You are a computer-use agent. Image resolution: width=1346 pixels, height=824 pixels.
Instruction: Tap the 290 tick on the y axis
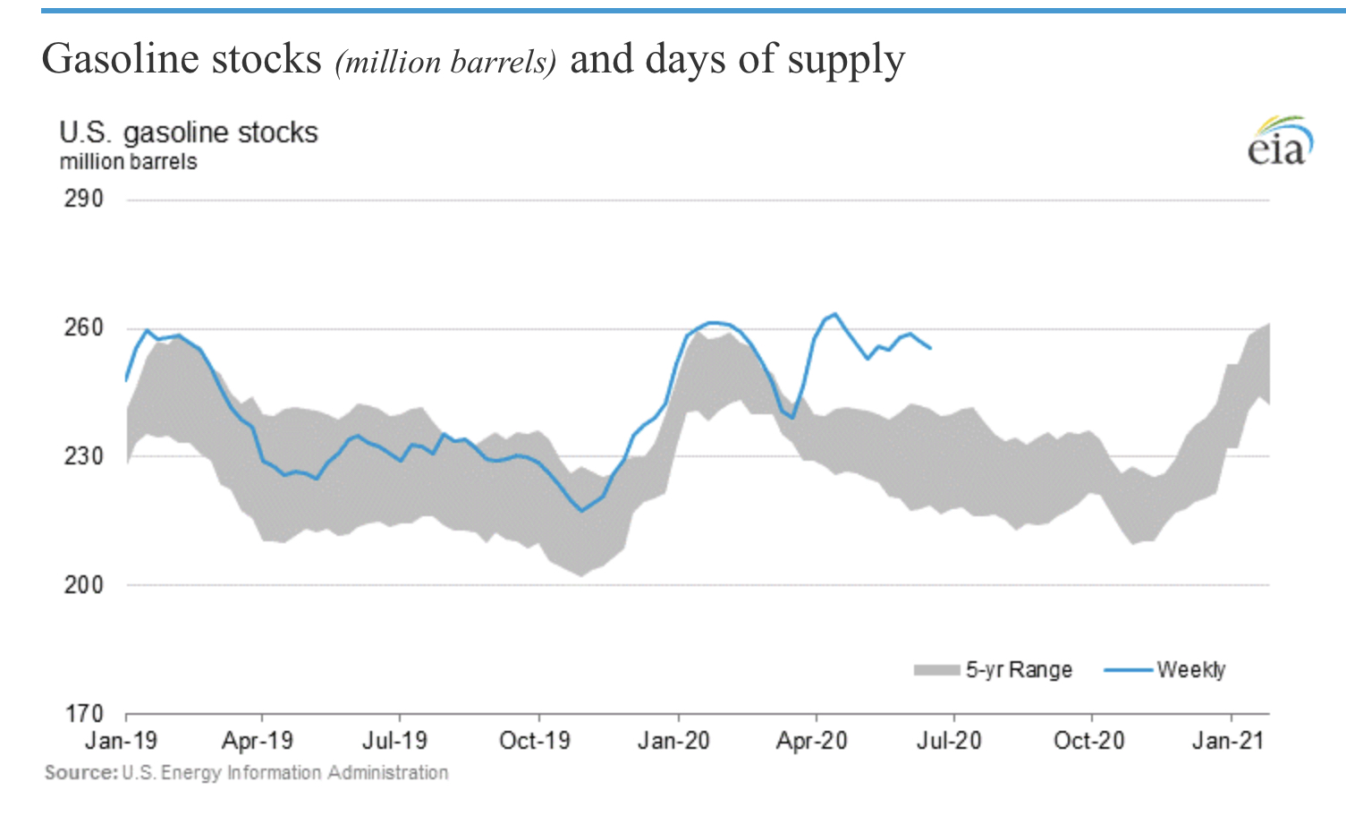83,199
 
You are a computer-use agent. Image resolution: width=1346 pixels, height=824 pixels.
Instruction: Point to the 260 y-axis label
83,327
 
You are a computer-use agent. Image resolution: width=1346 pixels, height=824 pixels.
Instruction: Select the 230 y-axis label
83,456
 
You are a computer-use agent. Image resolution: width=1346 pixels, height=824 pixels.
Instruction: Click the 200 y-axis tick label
83,585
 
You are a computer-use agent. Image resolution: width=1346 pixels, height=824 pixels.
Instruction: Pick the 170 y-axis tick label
83,714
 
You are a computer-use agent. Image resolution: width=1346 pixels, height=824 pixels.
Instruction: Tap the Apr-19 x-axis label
258,741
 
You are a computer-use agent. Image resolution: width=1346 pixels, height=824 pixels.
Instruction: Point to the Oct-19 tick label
535,741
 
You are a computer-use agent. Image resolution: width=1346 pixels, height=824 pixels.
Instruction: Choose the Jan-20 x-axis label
673,741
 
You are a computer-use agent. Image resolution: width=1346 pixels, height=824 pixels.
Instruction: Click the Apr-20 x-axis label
811,741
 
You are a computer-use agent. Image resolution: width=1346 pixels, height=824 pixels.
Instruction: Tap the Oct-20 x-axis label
1088,741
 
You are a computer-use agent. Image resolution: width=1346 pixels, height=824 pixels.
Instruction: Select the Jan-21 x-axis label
1227,741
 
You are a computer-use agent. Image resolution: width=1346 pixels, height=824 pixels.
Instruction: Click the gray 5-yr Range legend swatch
936,670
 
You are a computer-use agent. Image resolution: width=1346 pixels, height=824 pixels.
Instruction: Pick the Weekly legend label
1190,670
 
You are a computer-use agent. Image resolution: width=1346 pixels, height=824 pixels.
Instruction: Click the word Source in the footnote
80,773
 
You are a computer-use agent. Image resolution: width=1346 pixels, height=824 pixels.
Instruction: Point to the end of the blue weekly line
931,348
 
